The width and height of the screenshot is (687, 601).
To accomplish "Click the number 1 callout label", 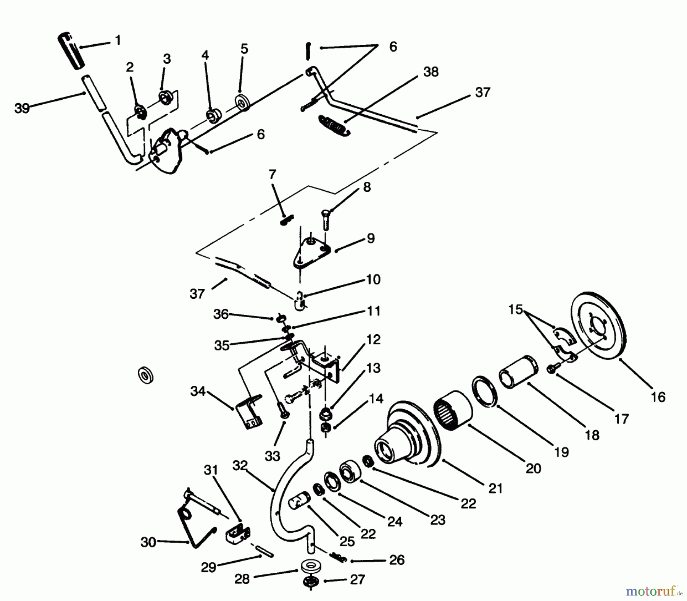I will pos(118,40).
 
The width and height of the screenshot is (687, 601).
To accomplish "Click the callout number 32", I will pos(240,465).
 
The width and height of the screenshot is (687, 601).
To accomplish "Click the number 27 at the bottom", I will pos(357,580).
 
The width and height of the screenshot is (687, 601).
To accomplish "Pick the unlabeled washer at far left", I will pos(145,375).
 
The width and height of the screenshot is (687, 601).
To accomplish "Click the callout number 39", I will pos(22,108).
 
